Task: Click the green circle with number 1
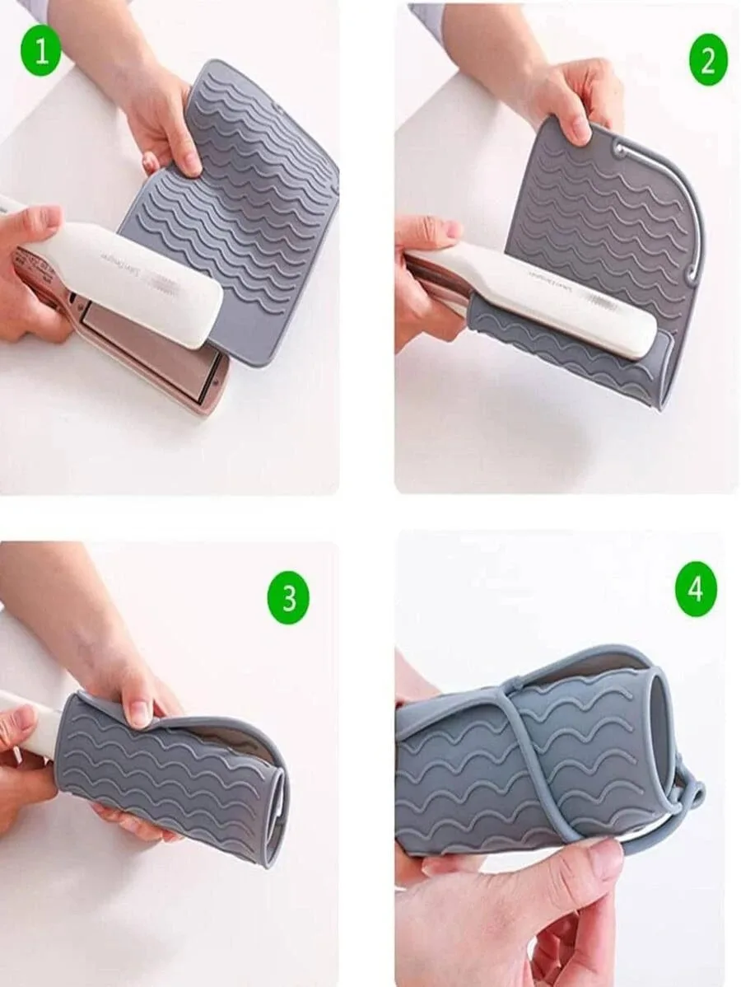coord(41,54)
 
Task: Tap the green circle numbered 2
coord(708,60)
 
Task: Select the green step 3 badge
coord(289,597)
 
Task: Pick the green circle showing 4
coord(696,590)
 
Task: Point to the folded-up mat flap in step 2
coord(568,354)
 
